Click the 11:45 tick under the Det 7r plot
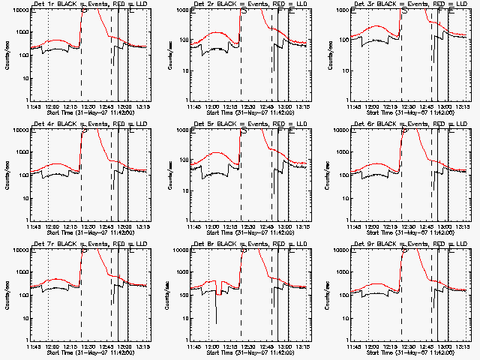pyautogui.click(x=33, y=347)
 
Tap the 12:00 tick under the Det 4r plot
pyautogui.click(x=51, y=227)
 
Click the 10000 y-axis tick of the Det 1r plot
pyautogui.click(x=19, y=12)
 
